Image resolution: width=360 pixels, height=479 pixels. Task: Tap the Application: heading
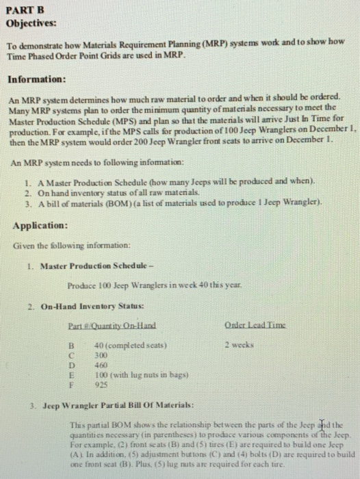click(40, 224)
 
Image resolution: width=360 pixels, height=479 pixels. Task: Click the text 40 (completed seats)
click(130, 346)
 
